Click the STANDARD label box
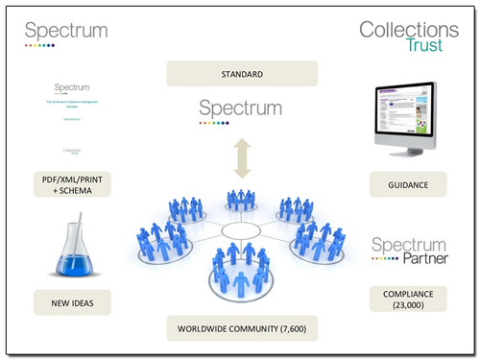click(x=241, y=74)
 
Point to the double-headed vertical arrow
click(x=240, y=156)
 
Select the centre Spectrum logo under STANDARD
click(x=240, y=108)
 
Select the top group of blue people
click(x=241, y=200)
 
